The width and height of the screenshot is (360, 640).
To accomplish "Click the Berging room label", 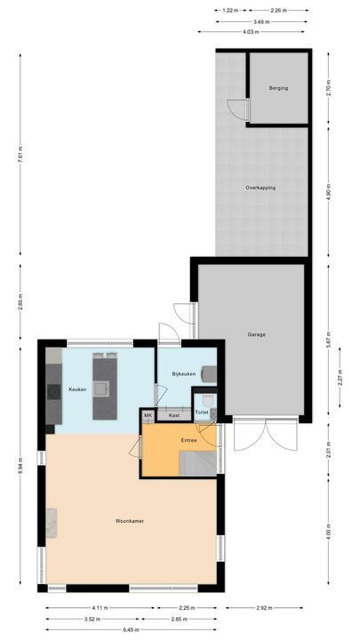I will point(277,89).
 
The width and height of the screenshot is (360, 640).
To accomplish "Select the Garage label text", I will point(257,334).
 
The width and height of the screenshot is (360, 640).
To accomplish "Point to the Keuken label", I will point(77,389).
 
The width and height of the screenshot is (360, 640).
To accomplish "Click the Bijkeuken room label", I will point(184,374).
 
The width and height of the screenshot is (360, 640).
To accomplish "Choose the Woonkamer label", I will point(130,521).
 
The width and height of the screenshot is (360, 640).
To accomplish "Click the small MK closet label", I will point(148,415).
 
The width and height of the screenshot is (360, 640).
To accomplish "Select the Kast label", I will point(174,415).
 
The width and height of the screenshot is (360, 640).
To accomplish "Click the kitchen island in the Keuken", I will point(104,386).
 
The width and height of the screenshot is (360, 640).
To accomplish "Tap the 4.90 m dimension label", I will point(329,196).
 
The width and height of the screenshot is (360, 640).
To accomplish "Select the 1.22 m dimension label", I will point(228,11).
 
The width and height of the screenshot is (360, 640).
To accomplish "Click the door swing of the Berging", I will point(236,109).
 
